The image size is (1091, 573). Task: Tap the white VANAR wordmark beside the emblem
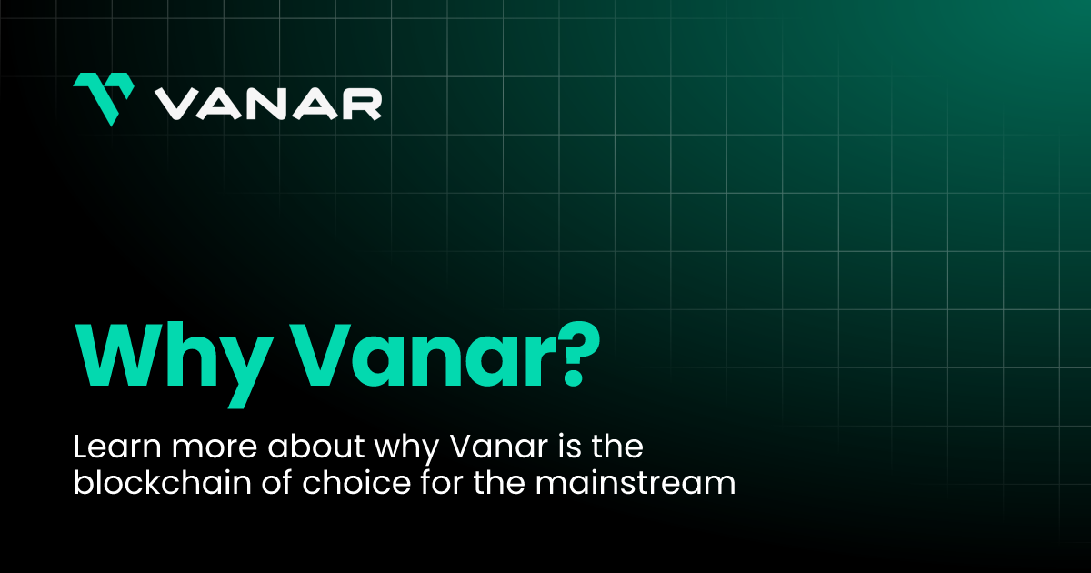pos(267,103)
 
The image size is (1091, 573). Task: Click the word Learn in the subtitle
pos(114,448)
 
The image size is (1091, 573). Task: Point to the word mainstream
pos(635,483)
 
